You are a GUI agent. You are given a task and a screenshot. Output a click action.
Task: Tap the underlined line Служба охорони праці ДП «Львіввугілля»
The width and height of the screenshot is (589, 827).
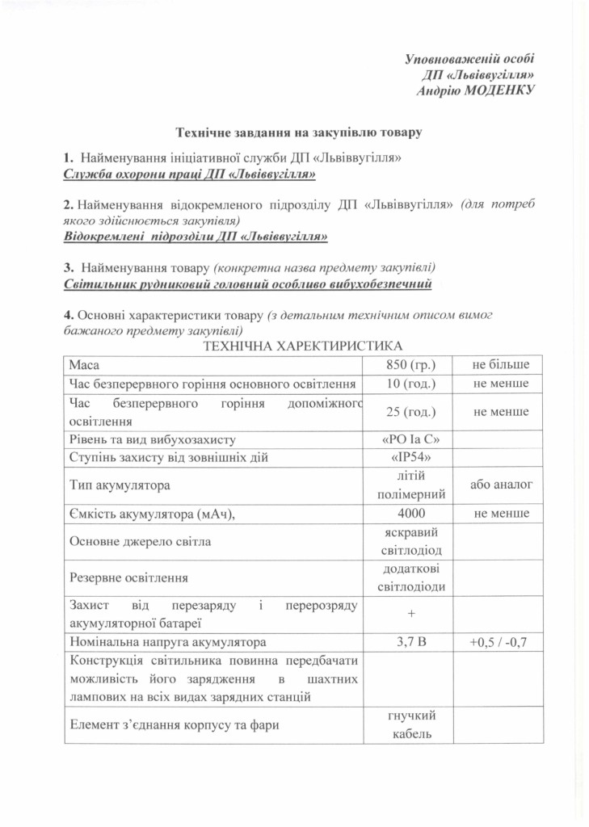(x=188, y=174)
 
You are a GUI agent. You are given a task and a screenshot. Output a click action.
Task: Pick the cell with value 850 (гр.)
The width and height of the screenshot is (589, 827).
(x=411, y=365)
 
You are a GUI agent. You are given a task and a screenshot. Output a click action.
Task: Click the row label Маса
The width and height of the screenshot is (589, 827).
(x=84, y=365)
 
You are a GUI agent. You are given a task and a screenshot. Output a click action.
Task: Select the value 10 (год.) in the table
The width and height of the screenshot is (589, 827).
(x=411, y=383)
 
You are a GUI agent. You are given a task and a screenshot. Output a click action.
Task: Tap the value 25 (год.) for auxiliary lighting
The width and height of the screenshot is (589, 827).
(x=411, y=412)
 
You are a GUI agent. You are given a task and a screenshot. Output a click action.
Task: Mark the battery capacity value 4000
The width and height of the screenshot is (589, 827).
(x=411, y=513)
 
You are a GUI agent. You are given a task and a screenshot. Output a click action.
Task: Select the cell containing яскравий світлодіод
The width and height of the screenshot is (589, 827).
(x=411, y=541)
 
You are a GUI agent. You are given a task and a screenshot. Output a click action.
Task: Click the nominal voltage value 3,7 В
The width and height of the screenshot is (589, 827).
(x=411, y=643)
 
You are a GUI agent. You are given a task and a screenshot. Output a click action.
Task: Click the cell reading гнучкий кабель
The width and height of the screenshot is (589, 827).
(x=411, y=724)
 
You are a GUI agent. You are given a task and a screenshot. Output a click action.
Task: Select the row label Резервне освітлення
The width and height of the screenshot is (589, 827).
(x=129, y=578)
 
